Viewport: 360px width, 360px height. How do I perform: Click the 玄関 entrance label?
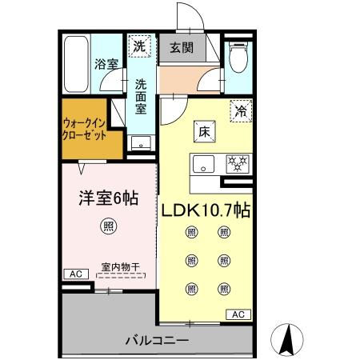179,47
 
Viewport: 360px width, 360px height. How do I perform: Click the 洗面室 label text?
141,94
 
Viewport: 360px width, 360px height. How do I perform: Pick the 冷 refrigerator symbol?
240,113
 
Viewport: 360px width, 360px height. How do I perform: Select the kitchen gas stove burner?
238,164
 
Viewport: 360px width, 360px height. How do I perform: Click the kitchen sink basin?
203,165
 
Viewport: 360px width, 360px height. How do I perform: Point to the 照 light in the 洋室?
107,226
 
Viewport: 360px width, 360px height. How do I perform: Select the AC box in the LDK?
238,314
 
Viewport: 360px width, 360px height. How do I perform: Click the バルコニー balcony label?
157,341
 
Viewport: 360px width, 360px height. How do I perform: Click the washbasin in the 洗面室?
141,144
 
